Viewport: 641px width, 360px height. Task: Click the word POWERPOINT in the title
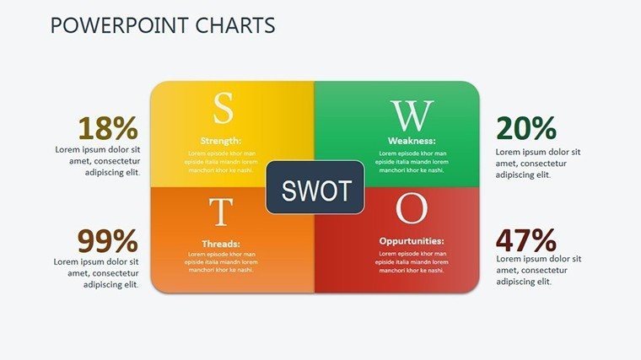point(120,25)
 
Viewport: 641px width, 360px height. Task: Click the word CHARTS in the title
point(235,25)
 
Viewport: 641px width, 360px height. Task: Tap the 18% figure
point(108,128)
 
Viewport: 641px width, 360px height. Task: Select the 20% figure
point(526,128)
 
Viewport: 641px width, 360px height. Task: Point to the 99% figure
point(108,240)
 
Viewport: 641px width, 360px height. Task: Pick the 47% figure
point(526,240)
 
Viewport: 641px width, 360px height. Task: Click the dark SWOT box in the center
point(315,187)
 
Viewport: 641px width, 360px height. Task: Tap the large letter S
point(224,108)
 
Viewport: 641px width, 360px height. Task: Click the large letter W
point(412,116)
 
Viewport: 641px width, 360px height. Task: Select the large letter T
point(221,212)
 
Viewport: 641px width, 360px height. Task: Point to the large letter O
point(412,208)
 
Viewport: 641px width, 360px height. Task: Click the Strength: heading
point(221,141)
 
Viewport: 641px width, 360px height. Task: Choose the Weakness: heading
point(412,141)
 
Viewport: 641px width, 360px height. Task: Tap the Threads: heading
point(221,244)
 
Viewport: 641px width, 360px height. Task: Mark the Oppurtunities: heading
point(412,241)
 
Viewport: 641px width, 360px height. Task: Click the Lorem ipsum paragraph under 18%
point(98,161)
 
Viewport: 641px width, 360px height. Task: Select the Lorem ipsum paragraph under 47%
point(538,270)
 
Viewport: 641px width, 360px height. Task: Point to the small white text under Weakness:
point(412,162)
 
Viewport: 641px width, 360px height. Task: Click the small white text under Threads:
point(221,262)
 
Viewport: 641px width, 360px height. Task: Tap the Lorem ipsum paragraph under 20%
point(538,164)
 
